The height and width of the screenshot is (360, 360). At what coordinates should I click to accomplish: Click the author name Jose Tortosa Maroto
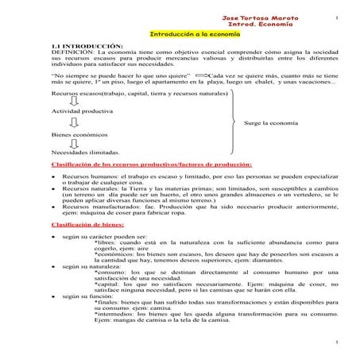[x=260, y=17]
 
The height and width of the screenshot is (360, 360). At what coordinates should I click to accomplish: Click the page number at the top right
[x=336, y=17]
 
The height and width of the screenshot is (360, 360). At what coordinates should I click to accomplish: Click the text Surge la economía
[x=272, y=124]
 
